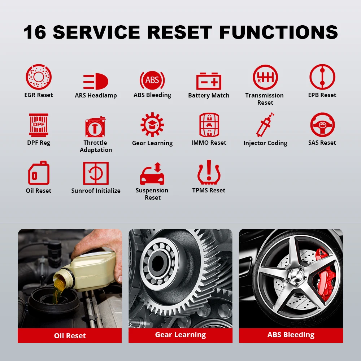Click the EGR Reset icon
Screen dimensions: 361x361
click(39, 77)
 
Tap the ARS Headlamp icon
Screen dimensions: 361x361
click(96, 81)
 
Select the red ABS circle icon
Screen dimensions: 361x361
click(152, 80)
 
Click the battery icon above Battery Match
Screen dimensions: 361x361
click(209, 81)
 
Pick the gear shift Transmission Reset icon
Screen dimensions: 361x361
click(265, 77)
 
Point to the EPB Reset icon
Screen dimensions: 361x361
click(322, 77)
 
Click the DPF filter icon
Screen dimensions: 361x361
click(39, 125)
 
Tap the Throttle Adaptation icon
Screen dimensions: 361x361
click(95, 127)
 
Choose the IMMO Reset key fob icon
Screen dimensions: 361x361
click(209, 125)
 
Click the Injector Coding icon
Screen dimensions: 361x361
click(265, 125)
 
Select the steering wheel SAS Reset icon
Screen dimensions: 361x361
click(322, 125)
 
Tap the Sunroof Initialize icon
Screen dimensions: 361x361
click(96, 173)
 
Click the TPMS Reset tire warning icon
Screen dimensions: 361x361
click(209, 172)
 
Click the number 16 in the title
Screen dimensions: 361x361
click(35, 32)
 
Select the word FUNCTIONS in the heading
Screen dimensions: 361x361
click(279, 32)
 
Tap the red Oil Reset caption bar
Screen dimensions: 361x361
click(70, 335)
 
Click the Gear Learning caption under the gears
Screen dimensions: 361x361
click(180, 335)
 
